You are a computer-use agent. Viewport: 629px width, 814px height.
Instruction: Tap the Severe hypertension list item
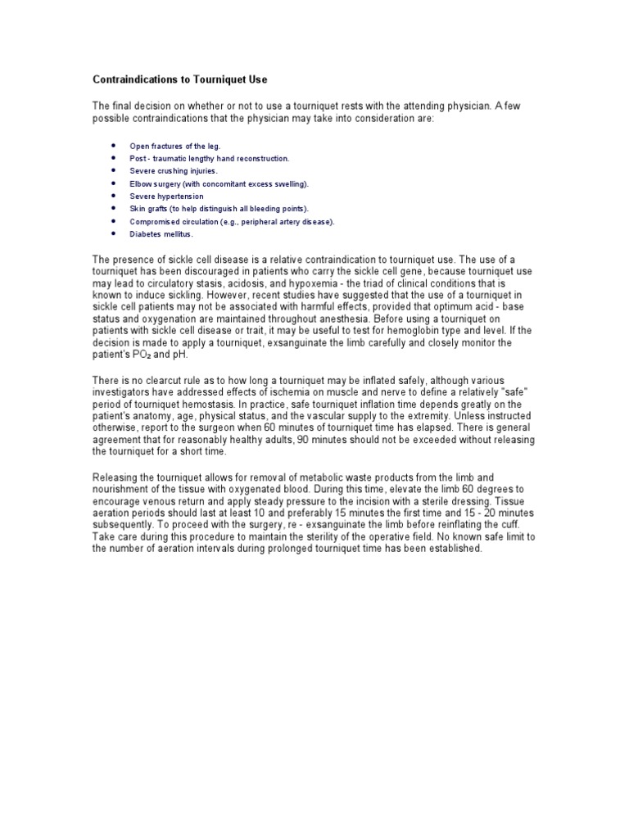point(166,197)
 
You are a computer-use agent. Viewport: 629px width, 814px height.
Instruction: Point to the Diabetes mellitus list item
point(161,234)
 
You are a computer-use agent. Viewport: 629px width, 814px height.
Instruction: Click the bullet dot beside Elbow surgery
point(112,184)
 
